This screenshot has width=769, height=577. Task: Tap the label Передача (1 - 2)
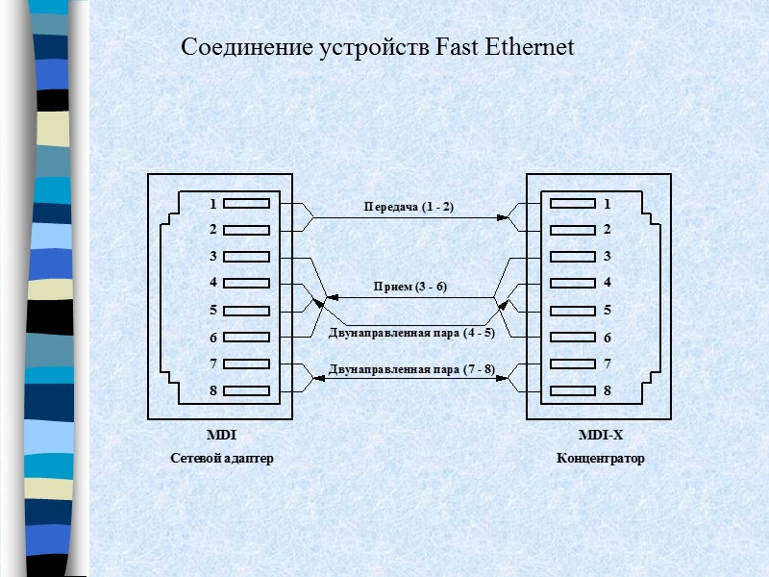409,207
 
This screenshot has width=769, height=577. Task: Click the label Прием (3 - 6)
410,287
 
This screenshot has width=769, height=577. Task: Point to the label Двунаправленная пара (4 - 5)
411,334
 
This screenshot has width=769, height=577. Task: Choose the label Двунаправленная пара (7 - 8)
411,368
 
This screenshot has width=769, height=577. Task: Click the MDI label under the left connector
221,436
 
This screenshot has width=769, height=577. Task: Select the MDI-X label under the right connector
601,436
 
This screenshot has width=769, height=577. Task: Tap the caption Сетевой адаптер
222,459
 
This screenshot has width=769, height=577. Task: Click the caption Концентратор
601,459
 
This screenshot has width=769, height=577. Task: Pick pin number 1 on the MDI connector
212,204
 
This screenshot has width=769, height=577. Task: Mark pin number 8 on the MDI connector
212,390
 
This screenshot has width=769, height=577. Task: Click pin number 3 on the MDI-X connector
608,257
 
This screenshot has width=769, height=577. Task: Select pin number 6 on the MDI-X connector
608,338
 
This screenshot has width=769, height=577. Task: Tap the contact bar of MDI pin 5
250,311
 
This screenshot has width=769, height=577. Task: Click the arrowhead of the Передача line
502,218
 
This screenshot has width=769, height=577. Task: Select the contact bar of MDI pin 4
250,284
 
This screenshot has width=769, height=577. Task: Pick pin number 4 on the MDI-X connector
608,283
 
